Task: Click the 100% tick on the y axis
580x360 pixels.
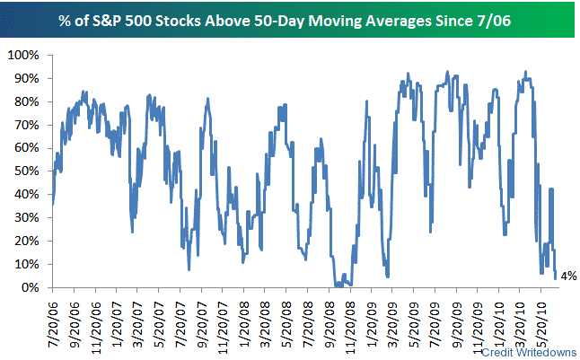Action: point(22,55)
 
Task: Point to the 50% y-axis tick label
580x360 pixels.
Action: point(24,171)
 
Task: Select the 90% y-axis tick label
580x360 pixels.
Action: point(24,78)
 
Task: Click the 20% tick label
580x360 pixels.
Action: point(24,241)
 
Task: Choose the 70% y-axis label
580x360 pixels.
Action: point(24,125)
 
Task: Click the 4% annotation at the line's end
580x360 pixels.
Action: point(567,277)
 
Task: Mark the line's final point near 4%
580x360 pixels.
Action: point(556,277)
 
